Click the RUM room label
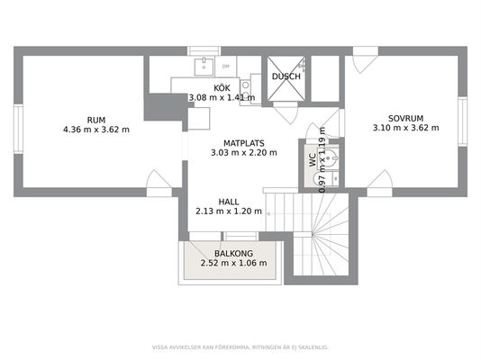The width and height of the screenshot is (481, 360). click(x=96, y=120)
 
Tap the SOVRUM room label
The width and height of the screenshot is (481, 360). click(x=406, y=118)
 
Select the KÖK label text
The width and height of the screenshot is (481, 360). click(x=222, y=88)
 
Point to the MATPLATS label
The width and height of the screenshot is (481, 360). click(x=244, y=143)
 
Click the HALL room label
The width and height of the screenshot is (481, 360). click(x=229, y=202)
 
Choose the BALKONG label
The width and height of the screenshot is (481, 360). click(x=234, y=254)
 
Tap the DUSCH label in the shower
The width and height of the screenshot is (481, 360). click(x=286, y=76)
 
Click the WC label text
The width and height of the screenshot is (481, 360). click(x=313, y=160)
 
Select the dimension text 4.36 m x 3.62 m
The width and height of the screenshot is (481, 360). click(x=96, y=130)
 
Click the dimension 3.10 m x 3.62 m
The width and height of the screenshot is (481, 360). click(x=406, y=128)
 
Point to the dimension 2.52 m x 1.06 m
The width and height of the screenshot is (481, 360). click(x=234, y=263)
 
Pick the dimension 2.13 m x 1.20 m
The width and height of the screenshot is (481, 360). click(x=229, y=211)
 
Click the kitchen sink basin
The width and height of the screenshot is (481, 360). click(x=204, y=67)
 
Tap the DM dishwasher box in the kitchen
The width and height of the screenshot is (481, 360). click(x=226, y=67)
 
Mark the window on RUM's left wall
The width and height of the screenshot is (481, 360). click(x=18, y=129)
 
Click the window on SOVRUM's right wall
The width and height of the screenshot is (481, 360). click(x=463, y=121)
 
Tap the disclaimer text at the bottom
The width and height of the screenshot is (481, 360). click(x=240, y=347)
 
